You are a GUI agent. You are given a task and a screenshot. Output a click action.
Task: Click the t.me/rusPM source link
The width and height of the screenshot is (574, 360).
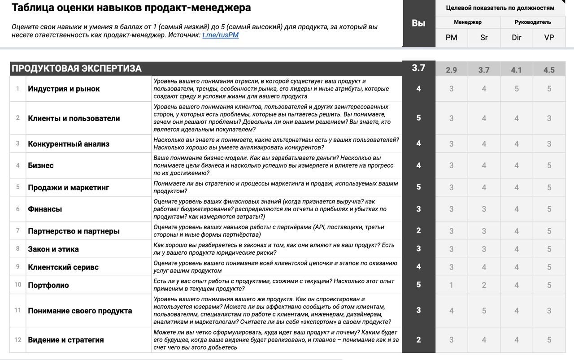pos(220,35)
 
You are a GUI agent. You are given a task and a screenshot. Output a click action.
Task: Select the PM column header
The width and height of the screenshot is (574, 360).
pos(451,38)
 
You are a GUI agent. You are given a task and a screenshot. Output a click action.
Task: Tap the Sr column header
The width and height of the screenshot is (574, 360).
pos(484,38)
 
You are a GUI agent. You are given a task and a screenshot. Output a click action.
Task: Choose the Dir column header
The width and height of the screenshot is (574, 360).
pos(517,38)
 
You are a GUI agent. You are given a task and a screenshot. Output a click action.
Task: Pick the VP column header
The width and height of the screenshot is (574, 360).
pos(549,38)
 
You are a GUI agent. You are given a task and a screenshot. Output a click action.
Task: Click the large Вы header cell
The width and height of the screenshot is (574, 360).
pos(418,23)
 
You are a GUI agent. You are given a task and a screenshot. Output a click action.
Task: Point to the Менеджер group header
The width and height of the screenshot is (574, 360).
pos(467,22)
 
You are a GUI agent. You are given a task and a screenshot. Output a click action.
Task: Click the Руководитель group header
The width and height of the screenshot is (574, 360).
pos(533,22)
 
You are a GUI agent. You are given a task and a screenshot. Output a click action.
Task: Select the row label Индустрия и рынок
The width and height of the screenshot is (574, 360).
pos(64,89)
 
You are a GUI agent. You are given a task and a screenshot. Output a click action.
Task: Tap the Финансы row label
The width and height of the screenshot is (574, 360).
pos(45,209)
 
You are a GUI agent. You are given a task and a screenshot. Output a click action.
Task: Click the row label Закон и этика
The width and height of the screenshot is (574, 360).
pos(53,249)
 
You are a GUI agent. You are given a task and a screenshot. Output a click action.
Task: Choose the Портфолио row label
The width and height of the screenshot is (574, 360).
pos(48,285)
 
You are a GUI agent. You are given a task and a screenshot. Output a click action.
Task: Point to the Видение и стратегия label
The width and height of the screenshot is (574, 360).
pos(65,340)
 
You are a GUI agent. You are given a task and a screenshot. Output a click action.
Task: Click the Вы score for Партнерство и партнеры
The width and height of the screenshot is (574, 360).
pos(418,231)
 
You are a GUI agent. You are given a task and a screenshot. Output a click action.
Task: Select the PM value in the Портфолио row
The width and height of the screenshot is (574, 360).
pos(451,285)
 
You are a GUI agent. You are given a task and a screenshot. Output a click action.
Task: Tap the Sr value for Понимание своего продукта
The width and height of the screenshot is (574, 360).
pos(484,311)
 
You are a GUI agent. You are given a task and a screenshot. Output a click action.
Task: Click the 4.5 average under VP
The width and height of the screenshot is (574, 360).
pos(549,70)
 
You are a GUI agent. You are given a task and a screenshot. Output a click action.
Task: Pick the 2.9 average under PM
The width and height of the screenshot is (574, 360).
pos(451,70)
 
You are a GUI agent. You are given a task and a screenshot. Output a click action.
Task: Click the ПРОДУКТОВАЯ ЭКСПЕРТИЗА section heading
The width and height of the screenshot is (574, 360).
pos(77,69)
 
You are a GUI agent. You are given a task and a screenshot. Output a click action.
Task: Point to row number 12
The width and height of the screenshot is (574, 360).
pos(18,340)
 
